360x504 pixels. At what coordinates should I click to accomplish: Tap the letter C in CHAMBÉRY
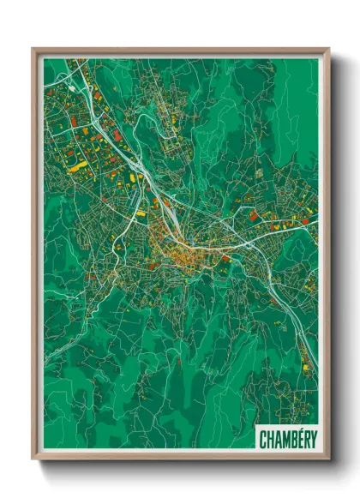point(263,439)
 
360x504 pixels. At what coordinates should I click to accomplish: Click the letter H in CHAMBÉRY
point(269,439)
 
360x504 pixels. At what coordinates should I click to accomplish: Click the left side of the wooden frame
point(35,257)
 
